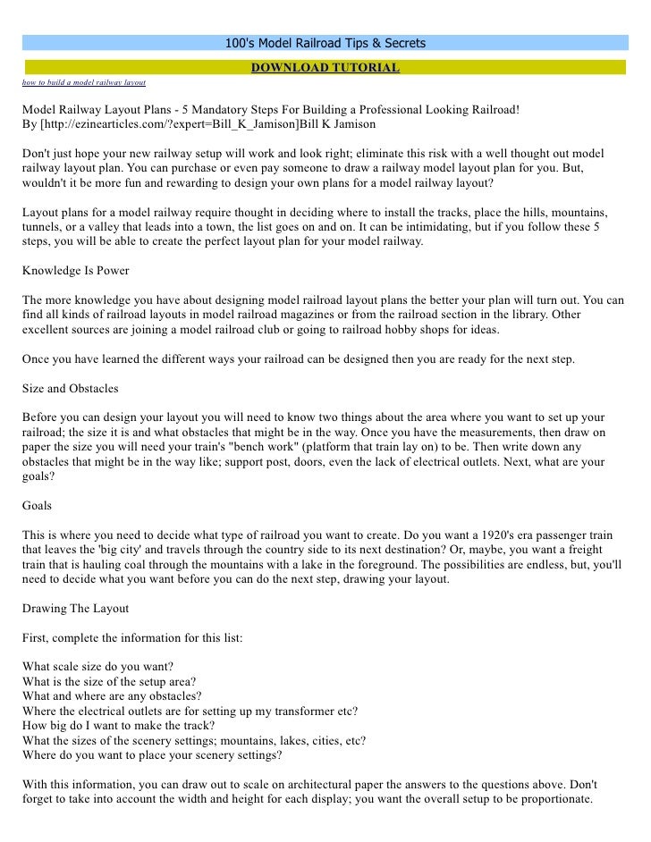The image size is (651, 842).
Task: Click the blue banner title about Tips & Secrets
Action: coord(325,43)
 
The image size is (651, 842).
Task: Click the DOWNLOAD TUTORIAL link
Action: coord(325,67)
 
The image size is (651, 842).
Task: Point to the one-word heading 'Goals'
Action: coord(38,505)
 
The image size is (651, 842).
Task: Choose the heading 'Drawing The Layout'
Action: coord(76,608)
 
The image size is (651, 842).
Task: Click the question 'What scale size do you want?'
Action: coord(98,666)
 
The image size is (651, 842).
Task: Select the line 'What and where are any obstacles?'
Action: coord(112,695)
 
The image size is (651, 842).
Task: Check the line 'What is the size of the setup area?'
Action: coord(111,681)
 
